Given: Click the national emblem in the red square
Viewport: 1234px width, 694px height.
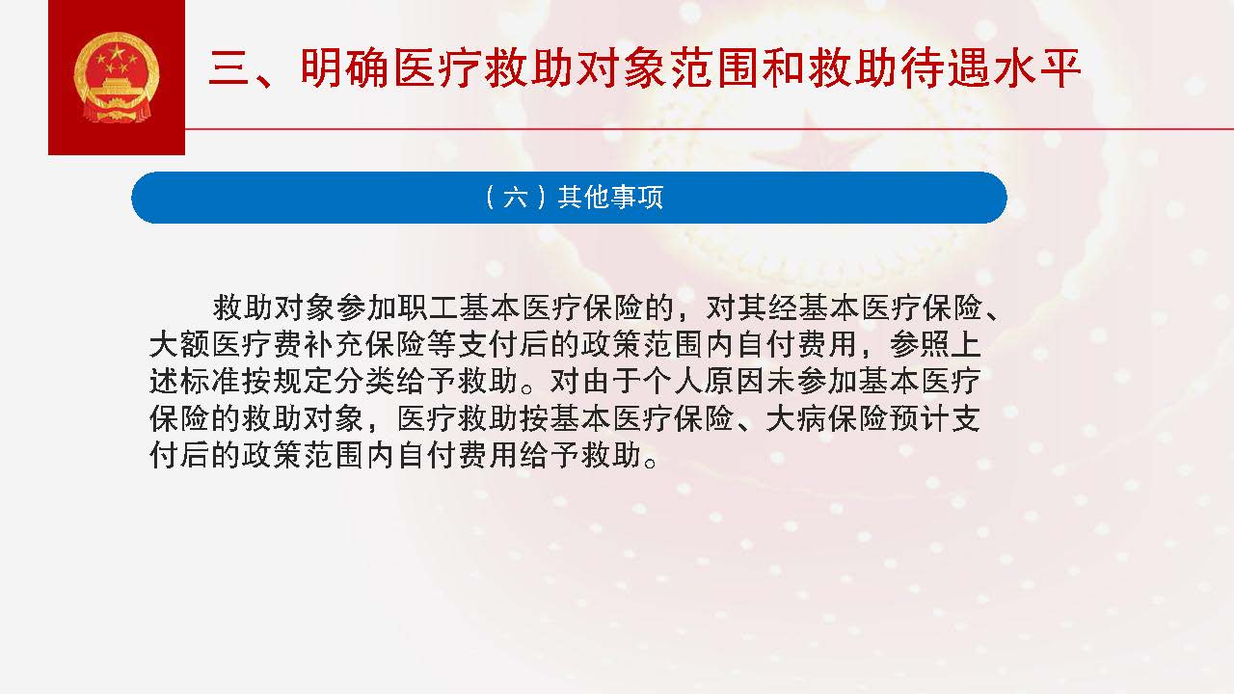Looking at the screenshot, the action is (x=117, y=77).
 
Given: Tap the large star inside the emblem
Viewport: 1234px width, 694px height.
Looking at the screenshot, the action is (x=117, y=52).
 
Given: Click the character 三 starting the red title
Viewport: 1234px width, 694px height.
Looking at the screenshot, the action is (x=229, y=68).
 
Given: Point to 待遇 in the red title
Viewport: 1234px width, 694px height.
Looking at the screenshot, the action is (x=946, y=68).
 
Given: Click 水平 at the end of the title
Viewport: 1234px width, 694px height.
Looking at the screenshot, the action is (x=1037, y=68).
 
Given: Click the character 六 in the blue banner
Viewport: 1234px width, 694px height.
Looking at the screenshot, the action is (x=515, y=198).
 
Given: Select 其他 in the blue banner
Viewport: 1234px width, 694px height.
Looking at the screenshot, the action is (x=583, y=198).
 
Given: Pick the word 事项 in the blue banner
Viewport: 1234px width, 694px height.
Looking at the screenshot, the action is (x=636, y=198).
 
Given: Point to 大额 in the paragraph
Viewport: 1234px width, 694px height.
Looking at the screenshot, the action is (x=179, y=345).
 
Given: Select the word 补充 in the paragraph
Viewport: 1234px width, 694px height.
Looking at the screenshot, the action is (x=334, y=345).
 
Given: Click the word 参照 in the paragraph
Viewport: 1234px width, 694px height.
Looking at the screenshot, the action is (x=919, y=345).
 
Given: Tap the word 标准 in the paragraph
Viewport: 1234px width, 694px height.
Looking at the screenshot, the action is (x=210, y=381).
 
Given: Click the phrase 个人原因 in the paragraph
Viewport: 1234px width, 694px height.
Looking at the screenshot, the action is (x=703, y=381).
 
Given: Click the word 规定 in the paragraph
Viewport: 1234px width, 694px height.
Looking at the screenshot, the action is (x=303, y=381).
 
